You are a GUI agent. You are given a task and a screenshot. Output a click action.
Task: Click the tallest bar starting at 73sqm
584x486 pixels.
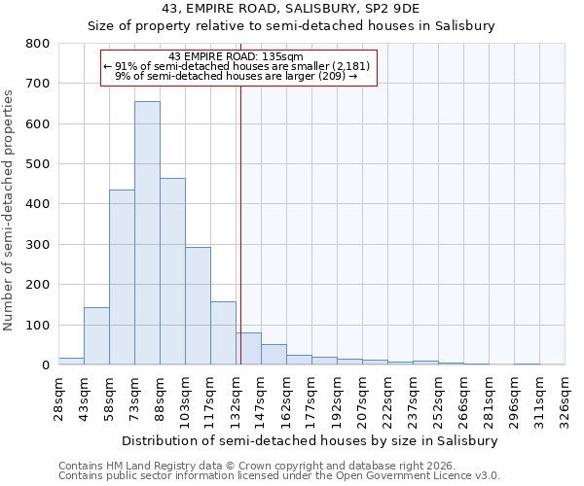[147, 233]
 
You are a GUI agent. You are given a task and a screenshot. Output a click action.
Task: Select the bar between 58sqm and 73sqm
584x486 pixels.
[122, 277]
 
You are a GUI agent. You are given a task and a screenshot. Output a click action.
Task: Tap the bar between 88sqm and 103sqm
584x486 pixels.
[172, 271]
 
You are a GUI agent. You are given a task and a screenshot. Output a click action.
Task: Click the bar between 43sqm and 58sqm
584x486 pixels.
[96, 336]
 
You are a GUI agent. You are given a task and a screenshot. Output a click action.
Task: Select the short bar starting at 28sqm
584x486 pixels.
[71, 361]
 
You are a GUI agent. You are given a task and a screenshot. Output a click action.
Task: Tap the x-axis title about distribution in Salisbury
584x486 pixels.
[311, 440]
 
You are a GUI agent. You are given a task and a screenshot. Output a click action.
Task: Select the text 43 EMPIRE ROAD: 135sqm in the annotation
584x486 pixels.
[237, 56]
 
